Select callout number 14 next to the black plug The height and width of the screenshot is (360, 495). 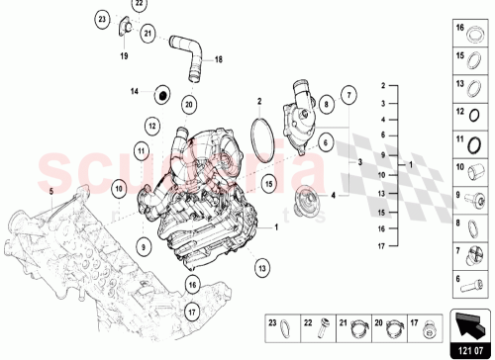pyautogui.click(x=136, y=92)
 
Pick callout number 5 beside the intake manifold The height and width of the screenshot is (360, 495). pyautogui.click(x=51, y=186)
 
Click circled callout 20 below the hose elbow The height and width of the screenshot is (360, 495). pyautogui.click(x=189, y=102)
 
